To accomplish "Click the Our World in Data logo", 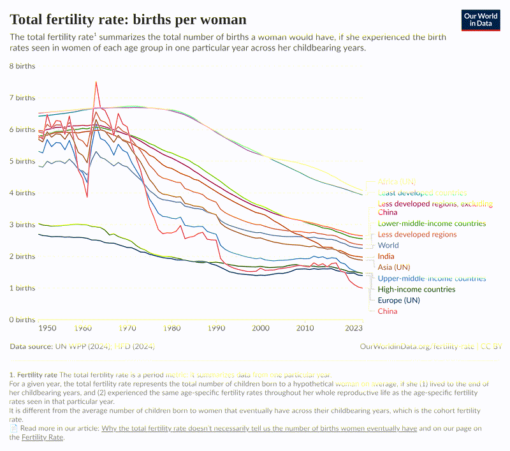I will coord(481,20).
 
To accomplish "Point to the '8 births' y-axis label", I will coord(22,66).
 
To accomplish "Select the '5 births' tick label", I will coord(22,161).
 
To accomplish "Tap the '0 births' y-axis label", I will coord(22,320).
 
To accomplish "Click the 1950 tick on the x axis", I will coord(48,328).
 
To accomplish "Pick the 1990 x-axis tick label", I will coord(217,328).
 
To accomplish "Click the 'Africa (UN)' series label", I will coord(397,182).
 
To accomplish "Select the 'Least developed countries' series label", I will coord(422,193).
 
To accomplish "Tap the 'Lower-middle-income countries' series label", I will coord(432,223).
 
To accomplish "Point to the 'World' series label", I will coord(388,245).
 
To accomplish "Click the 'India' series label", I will coord(386,256).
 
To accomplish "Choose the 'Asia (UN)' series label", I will coord(394,267).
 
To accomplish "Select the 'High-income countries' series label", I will coord(416,289).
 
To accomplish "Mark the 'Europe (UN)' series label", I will coord(398,300).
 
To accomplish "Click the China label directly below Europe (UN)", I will coord(387,311).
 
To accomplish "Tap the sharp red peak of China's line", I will coord(96,82).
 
